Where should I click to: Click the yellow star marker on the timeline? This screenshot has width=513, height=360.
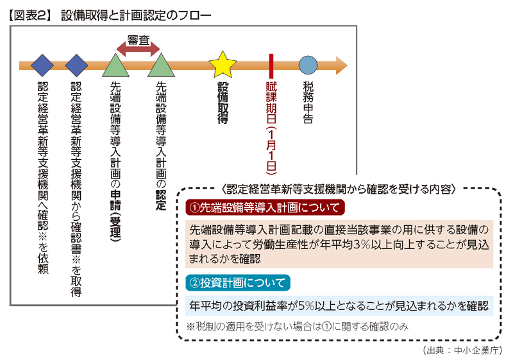click(x=223, y=64)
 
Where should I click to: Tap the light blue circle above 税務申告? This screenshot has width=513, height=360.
click(x=308, y=65)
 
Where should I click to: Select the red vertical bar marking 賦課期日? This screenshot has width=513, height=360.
click(x=271, y=66)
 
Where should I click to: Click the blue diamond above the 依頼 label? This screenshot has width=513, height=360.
click(x=42, y=65)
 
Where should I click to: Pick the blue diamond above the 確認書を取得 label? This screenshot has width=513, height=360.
click(x=76, y=65)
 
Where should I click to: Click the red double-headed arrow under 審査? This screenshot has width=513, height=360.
click(x=139, y=49)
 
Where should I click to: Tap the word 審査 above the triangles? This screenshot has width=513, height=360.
click(x=139, y=40)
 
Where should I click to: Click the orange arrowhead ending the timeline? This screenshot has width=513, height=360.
click(x=342, y=65)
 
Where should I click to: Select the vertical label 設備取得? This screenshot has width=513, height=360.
click(x=223, y=103)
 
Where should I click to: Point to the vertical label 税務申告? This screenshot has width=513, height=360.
click(x=308, y=103)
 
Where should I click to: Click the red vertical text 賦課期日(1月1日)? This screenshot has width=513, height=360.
click(x=271, y=128)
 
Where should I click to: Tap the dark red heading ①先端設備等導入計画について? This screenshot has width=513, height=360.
click(x=265, y=208)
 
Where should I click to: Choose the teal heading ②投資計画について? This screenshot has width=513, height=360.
click(x=238, y=283)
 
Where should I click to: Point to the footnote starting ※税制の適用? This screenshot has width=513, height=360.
click(x=298, y=326)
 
